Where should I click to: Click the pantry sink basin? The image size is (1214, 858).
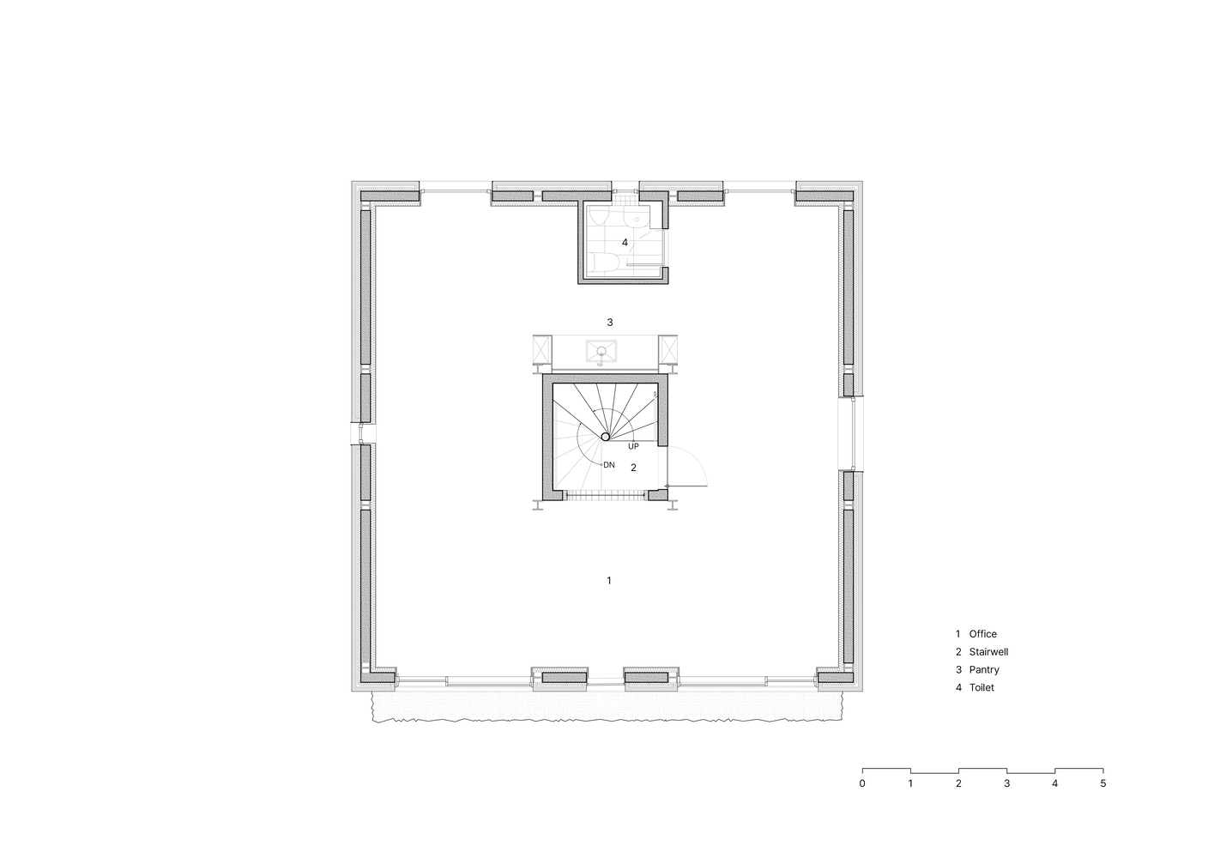click(601, 350)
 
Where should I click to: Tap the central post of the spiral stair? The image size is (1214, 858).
click(606, 437)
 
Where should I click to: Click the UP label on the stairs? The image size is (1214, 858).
click(633, 447)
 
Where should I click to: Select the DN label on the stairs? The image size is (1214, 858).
click(609, 465)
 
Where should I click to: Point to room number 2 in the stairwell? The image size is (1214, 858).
click(633, 468)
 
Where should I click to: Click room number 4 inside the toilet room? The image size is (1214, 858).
click(625, 242)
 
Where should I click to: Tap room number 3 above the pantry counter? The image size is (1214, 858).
click(610, 323)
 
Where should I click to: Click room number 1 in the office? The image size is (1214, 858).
click(609, 581)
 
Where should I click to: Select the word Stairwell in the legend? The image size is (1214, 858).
click(988, 651)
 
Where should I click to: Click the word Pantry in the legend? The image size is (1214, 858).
click(984, 669)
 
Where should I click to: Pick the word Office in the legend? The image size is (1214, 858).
click(983, 633)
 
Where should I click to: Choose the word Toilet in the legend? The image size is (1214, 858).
click(982, 687)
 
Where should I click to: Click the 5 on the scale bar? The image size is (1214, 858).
click(1103, 783)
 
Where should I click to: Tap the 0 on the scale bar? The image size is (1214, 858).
click(862, 783)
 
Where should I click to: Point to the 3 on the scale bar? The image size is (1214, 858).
click(1007, 783)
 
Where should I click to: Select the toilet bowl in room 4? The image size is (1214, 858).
click(602, 263)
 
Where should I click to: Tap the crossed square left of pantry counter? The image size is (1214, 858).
click(542, 350)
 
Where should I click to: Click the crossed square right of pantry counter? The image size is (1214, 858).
click(668, 350)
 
